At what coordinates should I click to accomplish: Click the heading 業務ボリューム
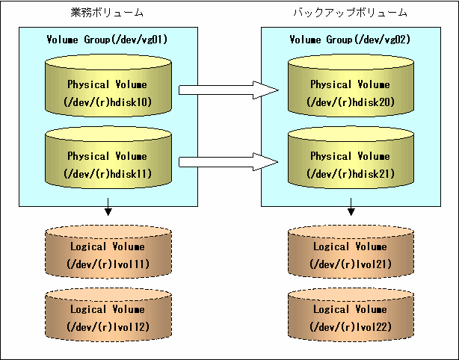coord(107,13)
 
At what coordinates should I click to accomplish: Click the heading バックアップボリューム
coord(351,13)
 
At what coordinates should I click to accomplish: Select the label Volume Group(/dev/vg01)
coord(107,40)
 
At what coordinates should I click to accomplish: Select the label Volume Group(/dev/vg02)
coord(350,40)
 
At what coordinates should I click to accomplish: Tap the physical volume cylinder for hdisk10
coord(108,85)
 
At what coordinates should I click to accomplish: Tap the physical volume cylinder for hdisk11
coord(108,158)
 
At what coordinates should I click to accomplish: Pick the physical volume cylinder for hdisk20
coord(351,85)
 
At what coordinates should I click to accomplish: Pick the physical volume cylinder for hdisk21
coord(351,158)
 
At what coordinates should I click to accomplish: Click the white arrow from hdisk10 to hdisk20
coord(229,90)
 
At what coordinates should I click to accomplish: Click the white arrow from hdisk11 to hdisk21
coord(229,162)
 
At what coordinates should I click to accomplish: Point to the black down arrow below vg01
coord(108,207)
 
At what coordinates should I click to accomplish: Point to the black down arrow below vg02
coord(351,207)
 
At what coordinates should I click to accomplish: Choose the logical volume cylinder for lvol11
coord(108,252)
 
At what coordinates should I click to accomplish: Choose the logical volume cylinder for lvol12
coord(108,314)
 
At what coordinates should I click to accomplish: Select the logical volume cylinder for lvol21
coord(351,252)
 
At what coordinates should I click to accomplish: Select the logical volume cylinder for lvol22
coord(351,314)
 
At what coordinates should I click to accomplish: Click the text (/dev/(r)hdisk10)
coord(108,102)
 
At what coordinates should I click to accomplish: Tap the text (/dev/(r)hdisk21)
coord(351,174)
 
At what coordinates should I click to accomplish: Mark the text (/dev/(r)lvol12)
coord(108,326)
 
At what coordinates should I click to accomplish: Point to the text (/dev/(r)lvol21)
coord(351,264)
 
